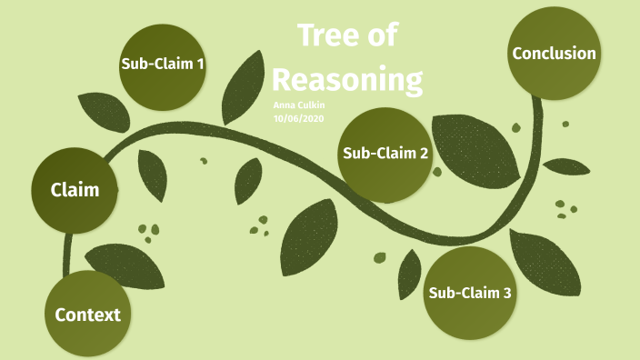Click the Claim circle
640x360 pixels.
pyautogui.click(x=75, y=190)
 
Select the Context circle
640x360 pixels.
pyautogui.click(x=87, y=315)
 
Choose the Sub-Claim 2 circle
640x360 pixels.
pyautogui.click(x=385, y=153)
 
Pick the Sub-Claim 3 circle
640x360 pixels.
pyautogui.click(x=470, y=293)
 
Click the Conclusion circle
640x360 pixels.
pyautogui.click(x=554, y=54)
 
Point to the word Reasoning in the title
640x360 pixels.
pyautogui.click(x=347, y=80)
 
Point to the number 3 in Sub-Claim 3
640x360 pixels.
pyautogui.click(x=506, y=293)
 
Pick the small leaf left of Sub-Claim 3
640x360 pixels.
pyautogui.click(x=408, y=274)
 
